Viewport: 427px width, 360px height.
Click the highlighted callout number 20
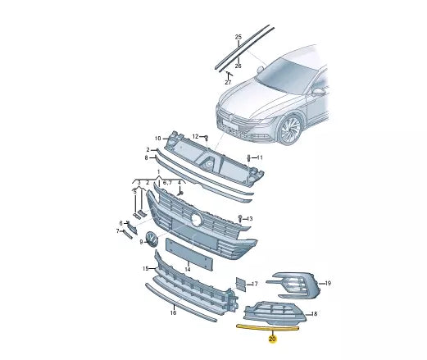pyautogui.click(x=272, y=339)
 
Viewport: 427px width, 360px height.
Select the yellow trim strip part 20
pyautogui.click(x=268, y=327)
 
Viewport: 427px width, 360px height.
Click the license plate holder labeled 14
pyautogui.click(x=189, y=254)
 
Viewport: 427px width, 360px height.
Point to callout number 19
pyautogui.click(x=328, y=283)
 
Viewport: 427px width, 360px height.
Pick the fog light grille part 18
pyautogui.click(x=275, y=312)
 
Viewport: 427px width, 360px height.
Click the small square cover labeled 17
pyautogui.click(x=241, y=285)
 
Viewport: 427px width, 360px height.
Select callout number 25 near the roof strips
pyautogui.click(x=238, y=37)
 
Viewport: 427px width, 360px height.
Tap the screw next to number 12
pyautogui.click(x=207, y=138)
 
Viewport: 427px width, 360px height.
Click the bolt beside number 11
pyautogui.click(x=248, y=158)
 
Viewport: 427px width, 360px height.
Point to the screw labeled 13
pyautogui.click(x=240, y=218)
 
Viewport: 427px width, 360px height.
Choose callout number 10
pyautogui.click(x=158, y=139)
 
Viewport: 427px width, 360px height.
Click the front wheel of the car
pyautogui.click(x=290, y=130)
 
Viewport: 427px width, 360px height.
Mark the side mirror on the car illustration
pyautogui.click(x=318, y=91)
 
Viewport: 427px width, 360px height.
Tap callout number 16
pyautogui.click(x=173, y=312)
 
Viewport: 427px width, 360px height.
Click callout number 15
pyautogui.click(x=146, y=269)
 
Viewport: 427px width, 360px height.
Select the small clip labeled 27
pyautogui.click(x=229, y=74)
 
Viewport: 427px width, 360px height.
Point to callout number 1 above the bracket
pyautogui.click(x=158, y=172)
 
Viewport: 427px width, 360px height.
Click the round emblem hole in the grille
pyautogui.click(x=196, y=219)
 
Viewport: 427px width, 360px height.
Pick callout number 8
pyautogui.click(x=146, y=158)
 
